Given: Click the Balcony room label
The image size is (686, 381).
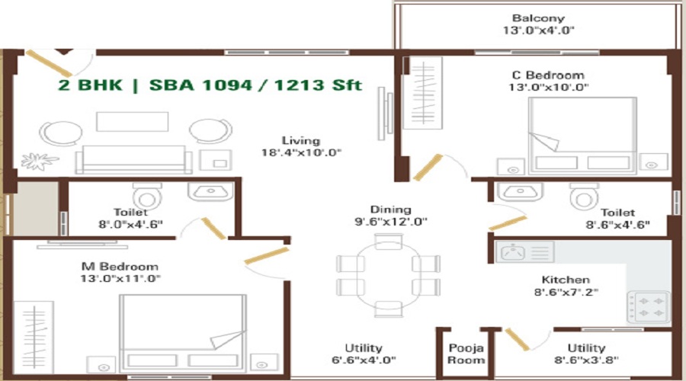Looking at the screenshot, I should (538, 18).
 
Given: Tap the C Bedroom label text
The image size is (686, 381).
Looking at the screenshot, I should (548, 75).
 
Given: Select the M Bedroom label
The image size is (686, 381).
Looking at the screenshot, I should (120, 267).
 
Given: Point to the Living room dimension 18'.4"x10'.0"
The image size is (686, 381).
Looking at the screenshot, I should (300, 152).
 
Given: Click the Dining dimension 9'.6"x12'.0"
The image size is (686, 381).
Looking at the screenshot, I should (390, 223).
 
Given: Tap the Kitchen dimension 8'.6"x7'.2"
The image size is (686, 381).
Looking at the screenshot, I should (566, 293).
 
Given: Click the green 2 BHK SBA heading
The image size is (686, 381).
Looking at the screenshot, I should (210, 85).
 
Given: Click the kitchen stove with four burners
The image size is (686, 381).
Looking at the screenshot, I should (647, 305).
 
